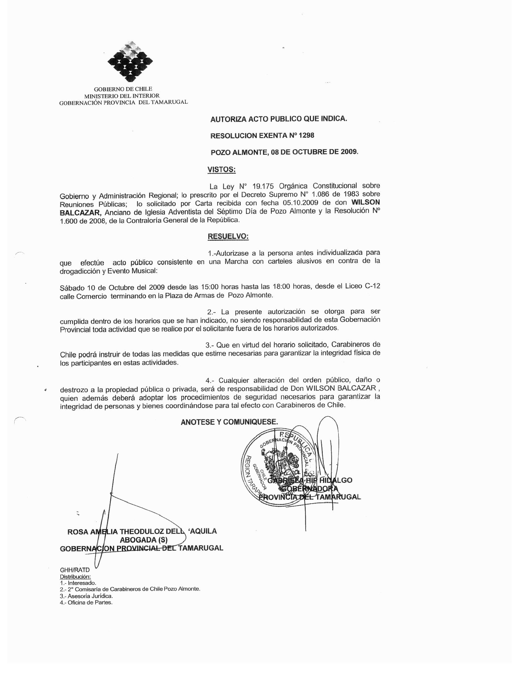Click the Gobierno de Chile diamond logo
pos(130,62)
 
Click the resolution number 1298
pos(306,135)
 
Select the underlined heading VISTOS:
pos(222,170)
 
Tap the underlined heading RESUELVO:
pos(228,236)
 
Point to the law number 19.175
pos(263,186)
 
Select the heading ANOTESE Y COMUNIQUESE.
pos(229,422)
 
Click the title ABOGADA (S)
pos(144,540)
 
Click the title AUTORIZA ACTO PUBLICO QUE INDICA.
pos(278,119)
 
